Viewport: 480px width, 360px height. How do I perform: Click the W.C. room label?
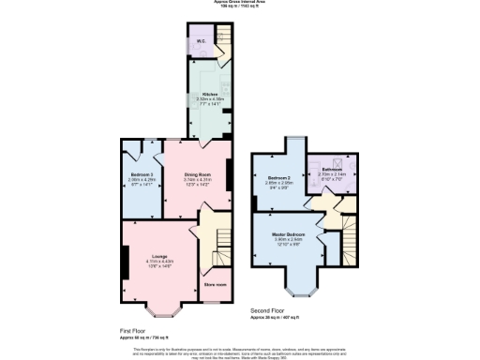click(x=202, y=40)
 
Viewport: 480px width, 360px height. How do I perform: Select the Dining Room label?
click(x=196, y=175)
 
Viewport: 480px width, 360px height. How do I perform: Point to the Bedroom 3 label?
click(x=141, y=174)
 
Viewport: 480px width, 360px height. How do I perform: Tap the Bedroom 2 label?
click(x=280, y=177)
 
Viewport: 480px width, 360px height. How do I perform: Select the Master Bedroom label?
click(x=290, y=233)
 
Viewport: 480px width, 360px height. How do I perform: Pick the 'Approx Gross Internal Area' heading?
click(x=240, y=3)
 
